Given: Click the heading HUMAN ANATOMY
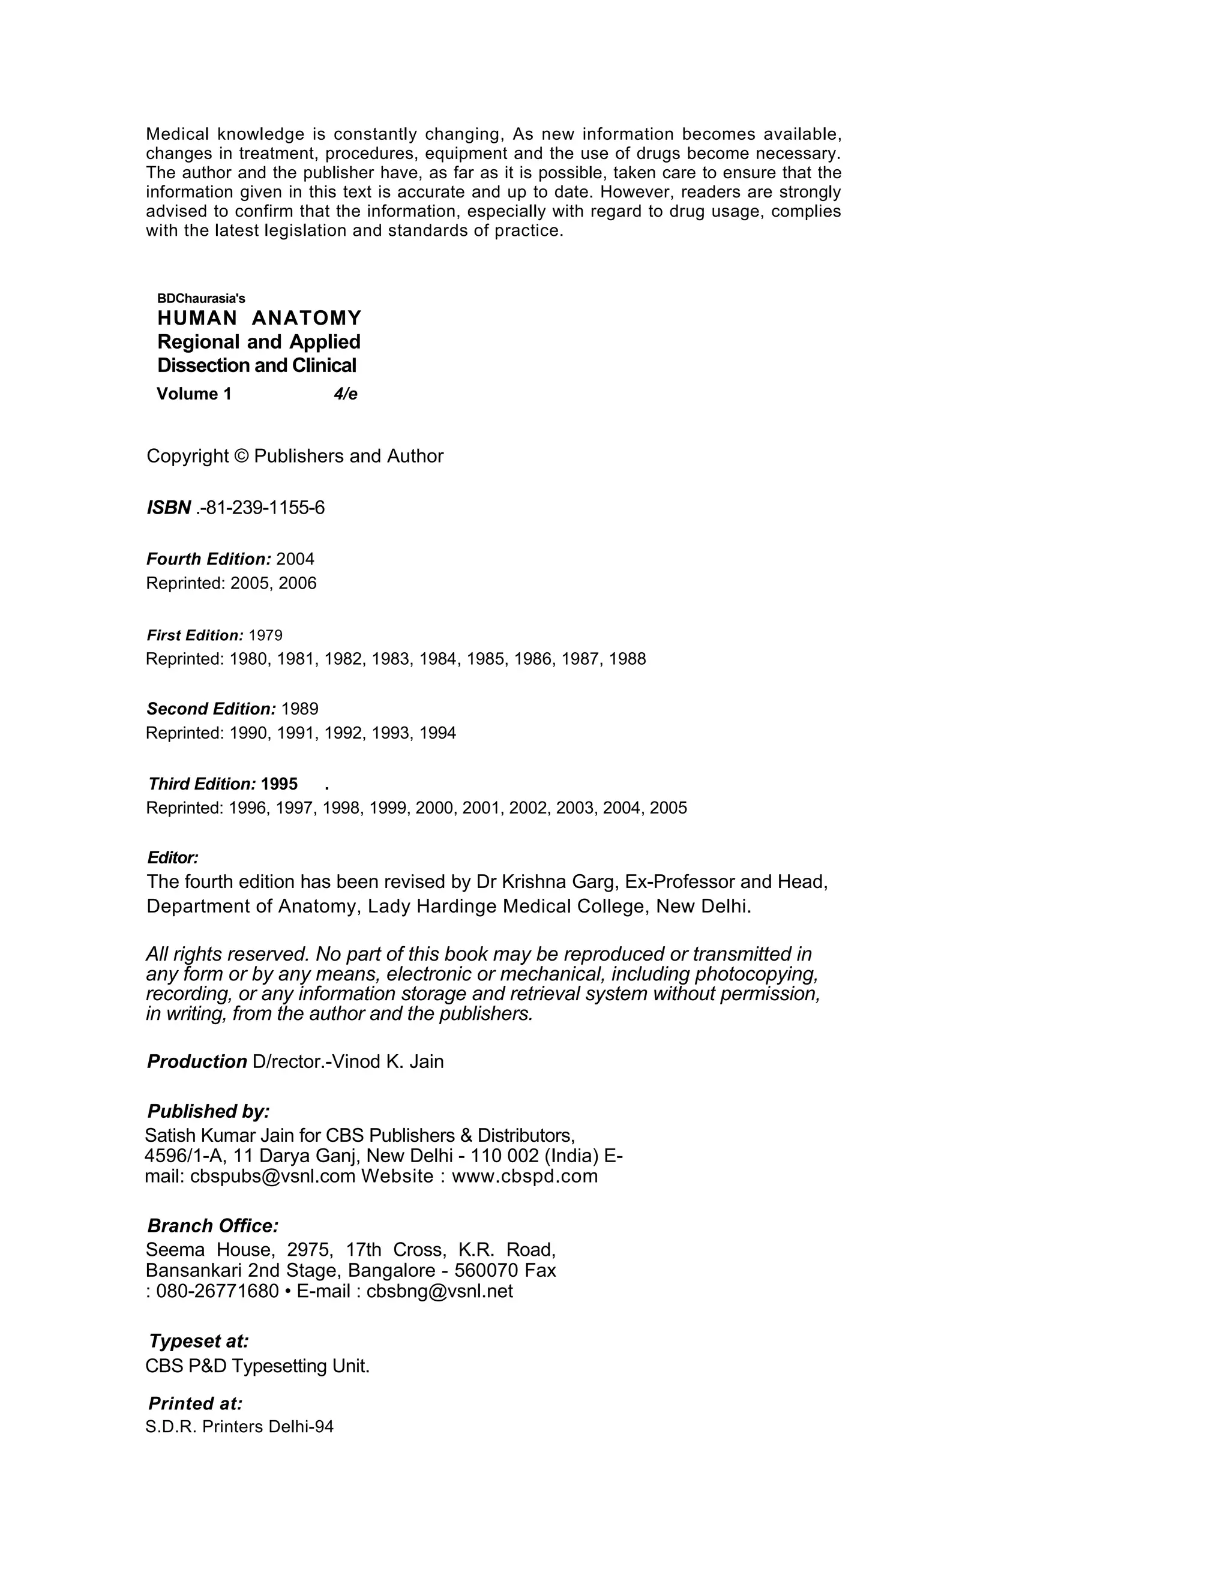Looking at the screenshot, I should coord(259,318).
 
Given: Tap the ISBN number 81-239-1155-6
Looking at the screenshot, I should coord(264,508).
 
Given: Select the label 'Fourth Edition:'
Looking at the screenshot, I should coord(208,559).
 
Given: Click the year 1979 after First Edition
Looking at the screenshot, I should coord(265,635).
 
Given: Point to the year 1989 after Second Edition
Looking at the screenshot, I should coord(299,709).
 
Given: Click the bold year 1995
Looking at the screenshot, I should coord(279,784).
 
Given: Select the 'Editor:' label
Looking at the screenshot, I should coord(173,857).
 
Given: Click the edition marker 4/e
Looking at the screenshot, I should coord(345,394).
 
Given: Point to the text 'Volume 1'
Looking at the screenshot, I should coord(194,394).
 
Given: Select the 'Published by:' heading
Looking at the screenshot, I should coord(208,1112).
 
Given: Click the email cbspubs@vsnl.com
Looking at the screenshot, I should coord(272,1177).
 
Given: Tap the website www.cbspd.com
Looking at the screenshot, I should coord(524,1177).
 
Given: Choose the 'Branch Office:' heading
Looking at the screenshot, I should coord(212,1226).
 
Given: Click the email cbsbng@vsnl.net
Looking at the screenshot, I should coord(440,1291).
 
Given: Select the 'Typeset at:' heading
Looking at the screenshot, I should coord(199,1341).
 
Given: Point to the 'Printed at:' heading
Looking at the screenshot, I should coord(195,1403).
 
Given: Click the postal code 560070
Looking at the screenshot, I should coord(486,1270).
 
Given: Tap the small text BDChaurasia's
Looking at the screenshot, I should coord(201,298).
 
